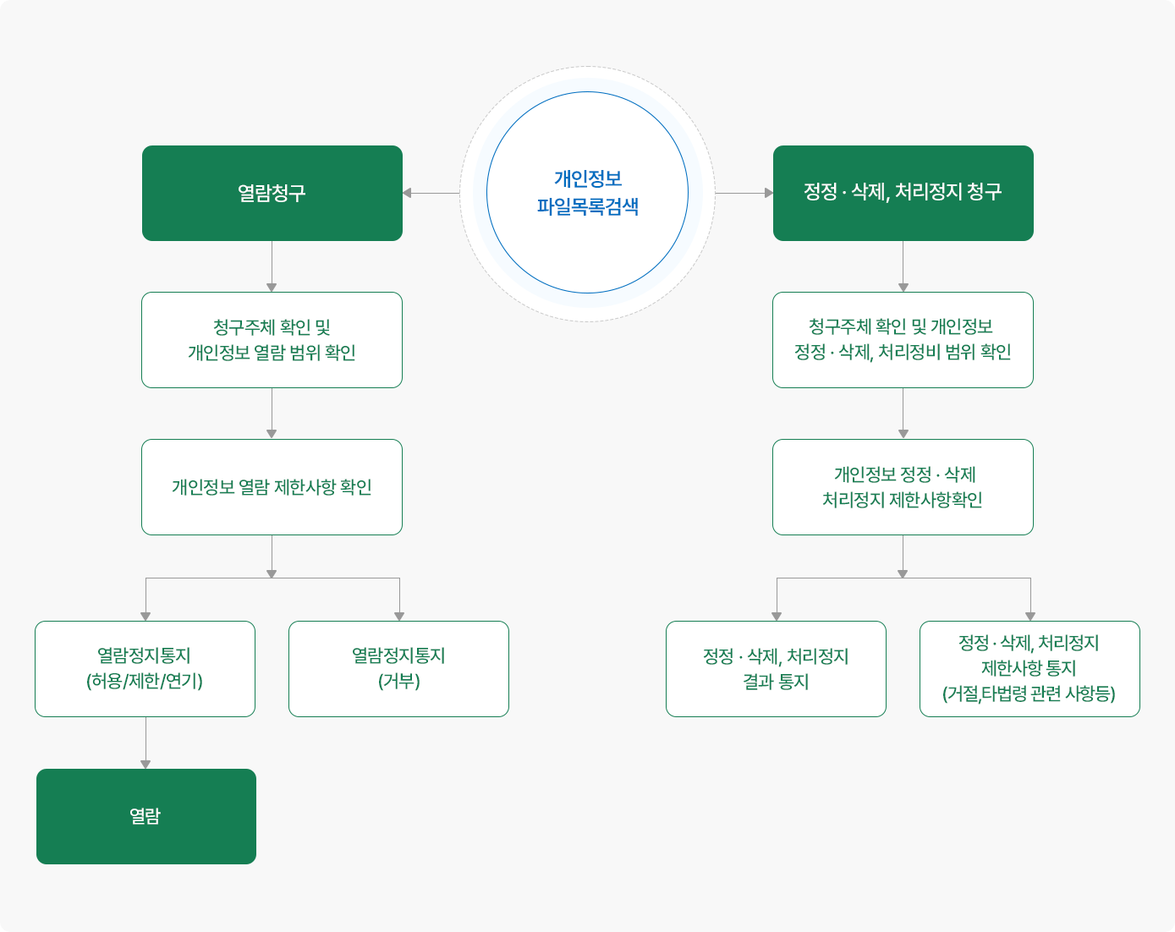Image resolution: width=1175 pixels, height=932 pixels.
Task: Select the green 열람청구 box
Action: click(272, 193)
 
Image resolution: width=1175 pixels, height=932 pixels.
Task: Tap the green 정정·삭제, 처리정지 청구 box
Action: click(903, 193)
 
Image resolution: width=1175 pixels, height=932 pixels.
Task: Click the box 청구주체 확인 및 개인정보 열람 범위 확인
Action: click(272, 340)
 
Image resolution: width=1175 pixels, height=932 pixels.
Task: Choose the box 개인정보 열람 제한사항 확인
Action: click(272, 487)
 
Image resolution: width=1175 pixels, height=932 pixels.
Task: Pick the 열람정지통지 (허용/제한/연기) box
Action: click(145, 669)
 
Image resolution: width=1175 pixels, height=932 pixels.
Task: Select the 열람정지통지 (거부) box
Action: click(398, 669)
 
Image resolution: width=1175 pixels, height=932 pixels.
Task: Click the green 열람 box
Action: click(146, 816)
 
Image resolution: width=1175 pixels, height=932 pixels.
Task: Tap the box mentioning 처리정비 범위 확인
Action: click(903, 340)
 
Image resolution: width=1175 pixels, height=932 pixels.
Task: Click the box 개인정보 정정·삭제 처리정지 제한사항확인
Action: click(903, 487)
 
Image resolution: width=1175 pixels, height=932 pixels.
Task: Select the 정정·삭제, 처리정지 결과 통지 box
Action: click(776, 669)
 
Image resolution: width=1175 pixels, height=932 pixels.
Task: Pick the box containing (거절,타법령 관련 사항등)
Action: click(1029, 669)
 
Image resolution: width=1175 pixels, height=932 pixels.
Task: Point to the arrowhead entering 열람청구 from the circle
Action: click(407, 193)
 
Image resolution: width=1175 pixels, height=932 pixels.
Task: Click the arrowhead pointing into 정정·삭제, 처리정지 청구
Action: click(768, 193)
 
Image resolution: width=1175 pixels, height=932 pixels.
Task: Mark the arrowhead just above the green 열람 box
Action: click(146, 764)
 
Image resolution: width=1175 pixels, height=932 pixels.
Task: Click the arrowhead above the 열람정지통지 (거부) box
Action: click(399, 616)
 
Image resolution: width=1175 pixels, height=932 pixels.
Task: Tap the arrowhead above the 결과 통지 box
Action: click(777, 616)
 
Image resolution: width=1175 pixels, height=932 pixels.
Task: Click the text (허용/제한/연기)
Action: click(145, 682)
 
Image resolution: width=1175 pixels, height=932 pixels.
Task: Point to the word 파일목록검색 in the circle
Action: click(587, 206)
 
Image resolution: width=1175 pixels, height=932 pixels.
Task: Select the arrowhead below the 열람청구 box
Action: click(272, 287)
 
